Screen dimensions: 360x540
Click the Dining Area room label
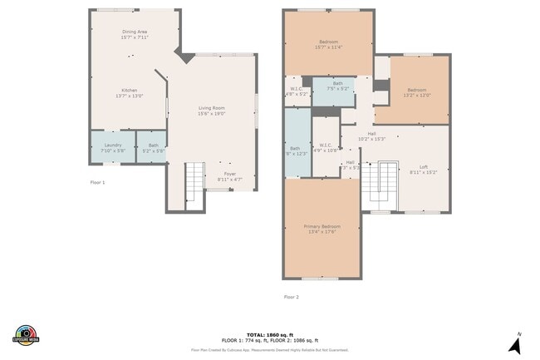pos(134,34)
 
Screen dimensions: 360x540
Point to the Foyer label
pos(228,175)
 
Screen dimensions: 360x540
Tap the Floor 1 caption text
pos(98,181)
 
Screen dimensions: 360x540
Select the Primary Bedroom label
pos(323,229)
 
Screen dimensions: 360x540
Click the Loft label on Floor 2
pos(423,169)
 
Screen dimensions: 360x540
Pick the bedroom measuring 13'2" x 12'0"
pos(417,92)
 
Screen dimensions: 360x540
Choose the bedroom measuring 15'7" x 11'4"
pos(329,44)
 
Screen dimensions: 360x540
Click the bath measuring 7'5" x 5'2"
pos(337,86)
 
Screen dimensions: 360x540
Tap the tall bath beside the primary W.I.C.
pos(296,143)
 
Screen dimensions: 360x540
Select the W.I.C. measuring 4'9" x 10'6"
pos(325,147)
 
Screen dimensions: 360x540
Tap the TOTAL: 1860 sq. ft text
pos(269,333)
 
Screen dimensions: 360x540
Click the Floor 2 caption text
pos(291,296)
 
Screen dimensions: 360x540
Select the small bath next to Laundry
pos(152,147)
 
